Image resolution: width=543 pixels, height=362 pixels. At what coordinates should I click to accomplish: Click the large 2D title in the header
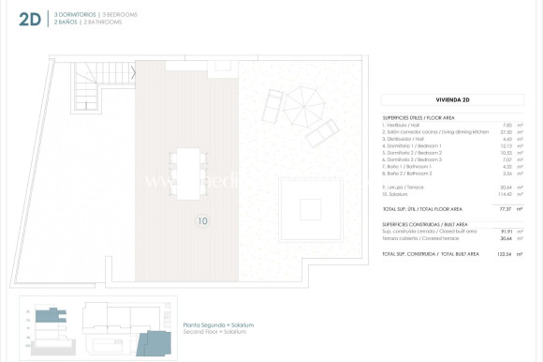click(x=29, y=20)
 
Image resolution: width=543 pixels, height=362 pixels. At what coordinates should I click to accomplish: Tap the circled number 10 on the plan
click(x=203, y=221)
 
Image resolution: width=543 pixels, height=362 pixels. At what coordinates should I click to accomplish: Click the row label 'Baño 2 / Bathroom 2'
click(x=409, y=173)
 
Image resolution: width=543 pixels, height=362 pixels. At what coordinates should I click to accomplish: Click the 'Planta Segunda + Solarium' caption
click(x=218, y=324)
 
